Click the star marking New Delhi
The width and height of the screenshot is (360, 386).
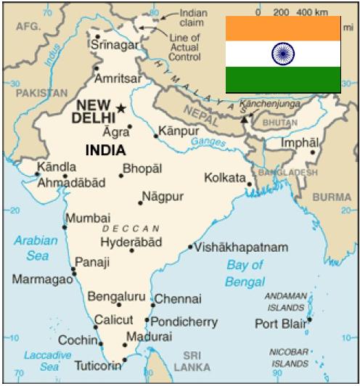(x=121, y=109)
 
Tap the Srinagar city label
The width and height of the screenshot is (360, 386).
(x=113, y=45)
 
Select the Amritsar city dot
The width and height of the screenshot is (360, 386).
(x=97, y=69)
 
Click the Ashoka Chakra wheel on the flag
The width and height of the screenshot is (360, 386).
(x=282, y=53)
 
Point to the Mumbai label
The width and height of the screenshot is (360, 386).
(x=88, y=218)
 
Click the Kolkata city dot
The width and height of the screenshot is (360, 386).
(x=249, y=184)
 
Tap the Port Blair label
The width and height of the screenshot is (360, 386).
(x=281, y=323)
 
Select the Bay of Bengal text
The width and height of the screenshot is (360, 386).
(x=245, y=273)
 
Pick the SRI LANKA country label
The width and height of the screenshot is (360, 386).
(x=192, y=361)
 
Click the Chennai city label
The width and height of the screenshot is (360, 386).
(x=178, y=298)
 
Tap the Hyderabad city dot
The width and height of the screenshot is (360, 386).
(x=131, y=250)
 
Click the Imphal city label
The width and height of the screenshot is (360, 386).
(x=299, y=143)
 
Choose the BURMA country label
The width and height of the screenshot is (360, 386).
(x=332, y=196)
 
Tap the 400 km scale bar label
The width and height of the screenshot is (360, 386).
(x=313, y=13)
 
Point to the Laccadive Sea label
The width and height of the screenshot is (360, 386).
(x=46, y=361)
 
